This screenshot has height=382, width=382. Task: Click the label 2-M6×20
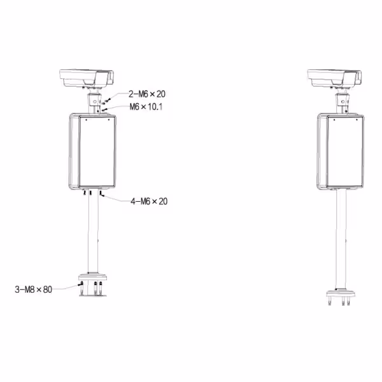[147, 94]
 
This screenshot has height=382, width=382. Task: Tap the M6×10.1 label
[146, 107]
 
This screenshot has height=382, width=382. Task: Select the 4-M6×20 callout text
[149, 201]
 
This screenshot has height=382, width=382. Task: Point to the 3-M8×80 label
[33, 290]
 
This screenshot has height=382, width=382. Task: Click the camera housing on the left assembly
[87, 78]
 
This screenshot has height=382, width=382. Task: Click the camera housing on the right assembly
[334, 78]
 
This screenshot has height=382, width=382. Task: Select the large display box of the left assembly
[92, 152]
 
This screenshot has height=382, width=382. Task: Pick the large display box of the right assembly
[341, 152]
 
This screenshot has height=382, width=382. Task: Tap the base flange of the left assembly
[92, 278]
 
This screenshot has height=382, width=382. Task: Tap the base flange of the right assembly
[341, 293]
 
